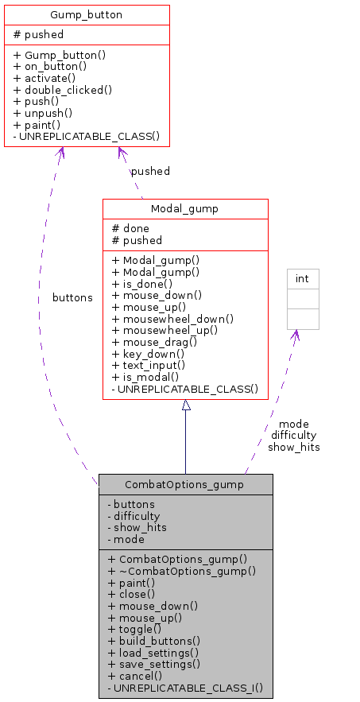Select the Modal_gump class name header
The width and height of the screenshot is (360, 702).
click(x=185, y=208)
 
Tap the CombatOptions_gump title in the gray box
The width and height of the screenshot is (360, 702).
click(x=185, y=484)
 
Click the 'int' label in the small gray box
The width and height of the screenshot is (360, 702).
click(x=302, y=278)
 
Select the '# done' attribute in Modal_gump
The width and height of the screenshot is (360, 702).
click(x=131, y=228)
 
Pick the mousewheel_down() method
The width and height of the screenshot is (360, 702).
click(x=172, y=318)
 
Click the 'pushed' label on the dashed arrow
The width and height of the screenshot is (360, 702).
click(x=150, y=171)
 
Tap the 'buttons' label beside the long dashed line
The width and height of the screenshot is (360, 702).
click(x=72, y=297)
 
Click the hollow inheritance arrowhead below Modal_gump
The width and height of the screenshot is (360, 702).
click(x=186, y=405)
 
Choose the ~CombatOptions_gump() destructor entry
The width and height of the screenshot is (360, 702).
click(x=181, y=570)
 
